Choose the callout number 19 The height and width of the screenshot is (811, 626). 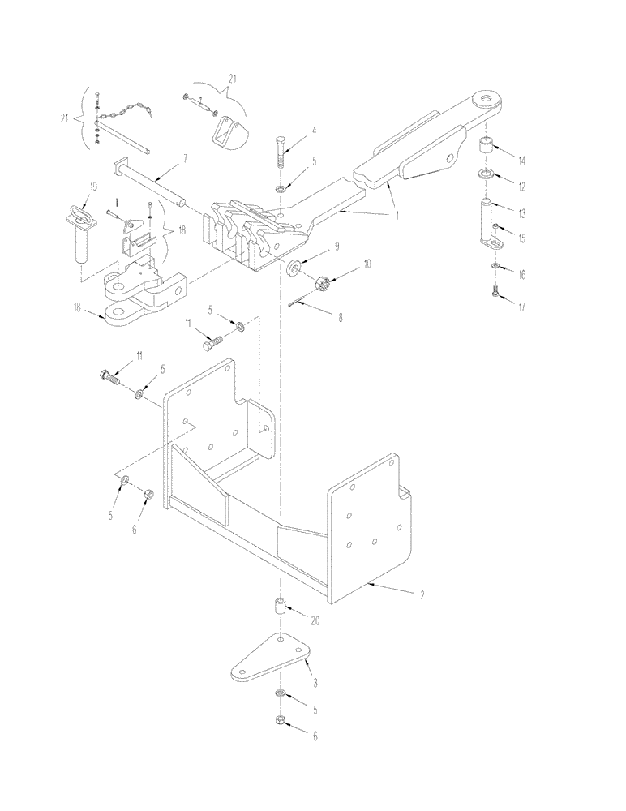[x=93, y=187]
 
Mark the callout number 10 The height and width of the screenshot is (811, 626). [x=345, y=265]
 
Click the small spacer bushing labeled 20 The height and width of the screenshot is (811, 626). [x=280, y=608]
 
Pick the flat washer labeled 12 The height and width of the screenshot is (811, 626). [x=485, y=176]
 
